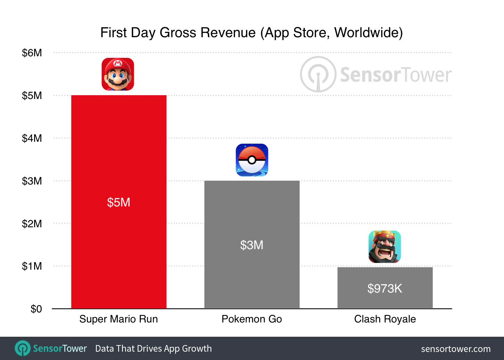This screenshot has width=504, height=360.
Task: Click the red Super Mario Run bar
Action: click(119, 156)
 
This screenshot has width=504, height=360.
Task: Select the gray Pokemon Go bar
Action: click(252, 215)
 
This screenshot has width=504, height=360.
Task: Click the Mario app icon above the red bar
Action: click(118, 74)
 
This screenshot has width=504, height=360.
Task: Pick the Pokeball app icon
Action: click(252, 160)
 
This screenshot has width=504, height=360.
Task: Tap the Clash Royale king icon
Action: click(384, 247)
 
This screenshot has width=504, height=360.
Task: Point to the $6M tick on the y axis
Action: click(32, 53)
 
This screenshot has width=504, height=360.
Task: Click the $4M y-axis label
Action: click(32, 138)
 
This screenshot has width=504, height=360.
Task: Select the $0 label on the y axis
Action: click(36, 309)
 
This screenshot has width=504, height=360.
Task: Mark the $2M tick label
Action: click(32, 224)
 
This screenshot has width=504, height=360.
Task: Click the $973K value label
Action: click(385, 288)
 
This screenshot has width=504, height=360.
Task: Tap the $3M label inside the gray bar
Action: click(252, 245)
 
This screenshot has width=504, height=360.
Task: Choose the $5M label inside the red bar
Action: click(119, 202)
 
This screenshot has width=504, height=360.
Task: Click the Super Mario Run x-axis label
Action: click(119, 319)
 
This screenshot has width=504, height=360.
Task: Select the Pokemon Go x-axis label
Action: click(252, 319)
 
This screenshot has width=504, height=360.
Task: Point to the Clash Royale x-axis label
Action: click(385, 319)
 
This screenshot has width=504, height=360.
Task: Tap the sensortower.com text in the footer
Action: click(456, 349)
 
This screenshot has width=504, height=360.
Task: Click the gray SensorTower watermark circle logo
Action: click(318, 74)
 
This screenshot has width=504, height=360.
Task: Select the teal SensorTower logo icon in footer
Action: click(23, 348)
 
